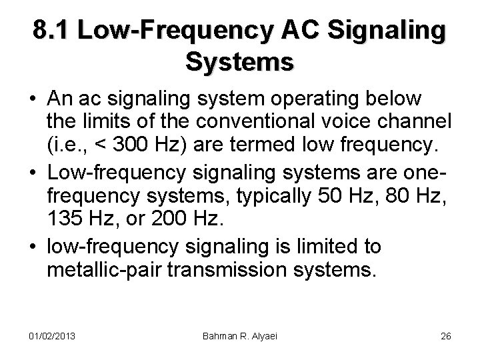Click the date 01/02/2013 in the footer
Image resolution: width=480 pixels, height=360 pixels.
[51, 336]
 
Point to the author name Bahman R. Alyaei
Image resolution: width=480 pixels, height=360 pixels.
[239, 336]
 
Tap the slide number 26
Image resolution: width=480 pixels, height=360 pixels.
[446, 336]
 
